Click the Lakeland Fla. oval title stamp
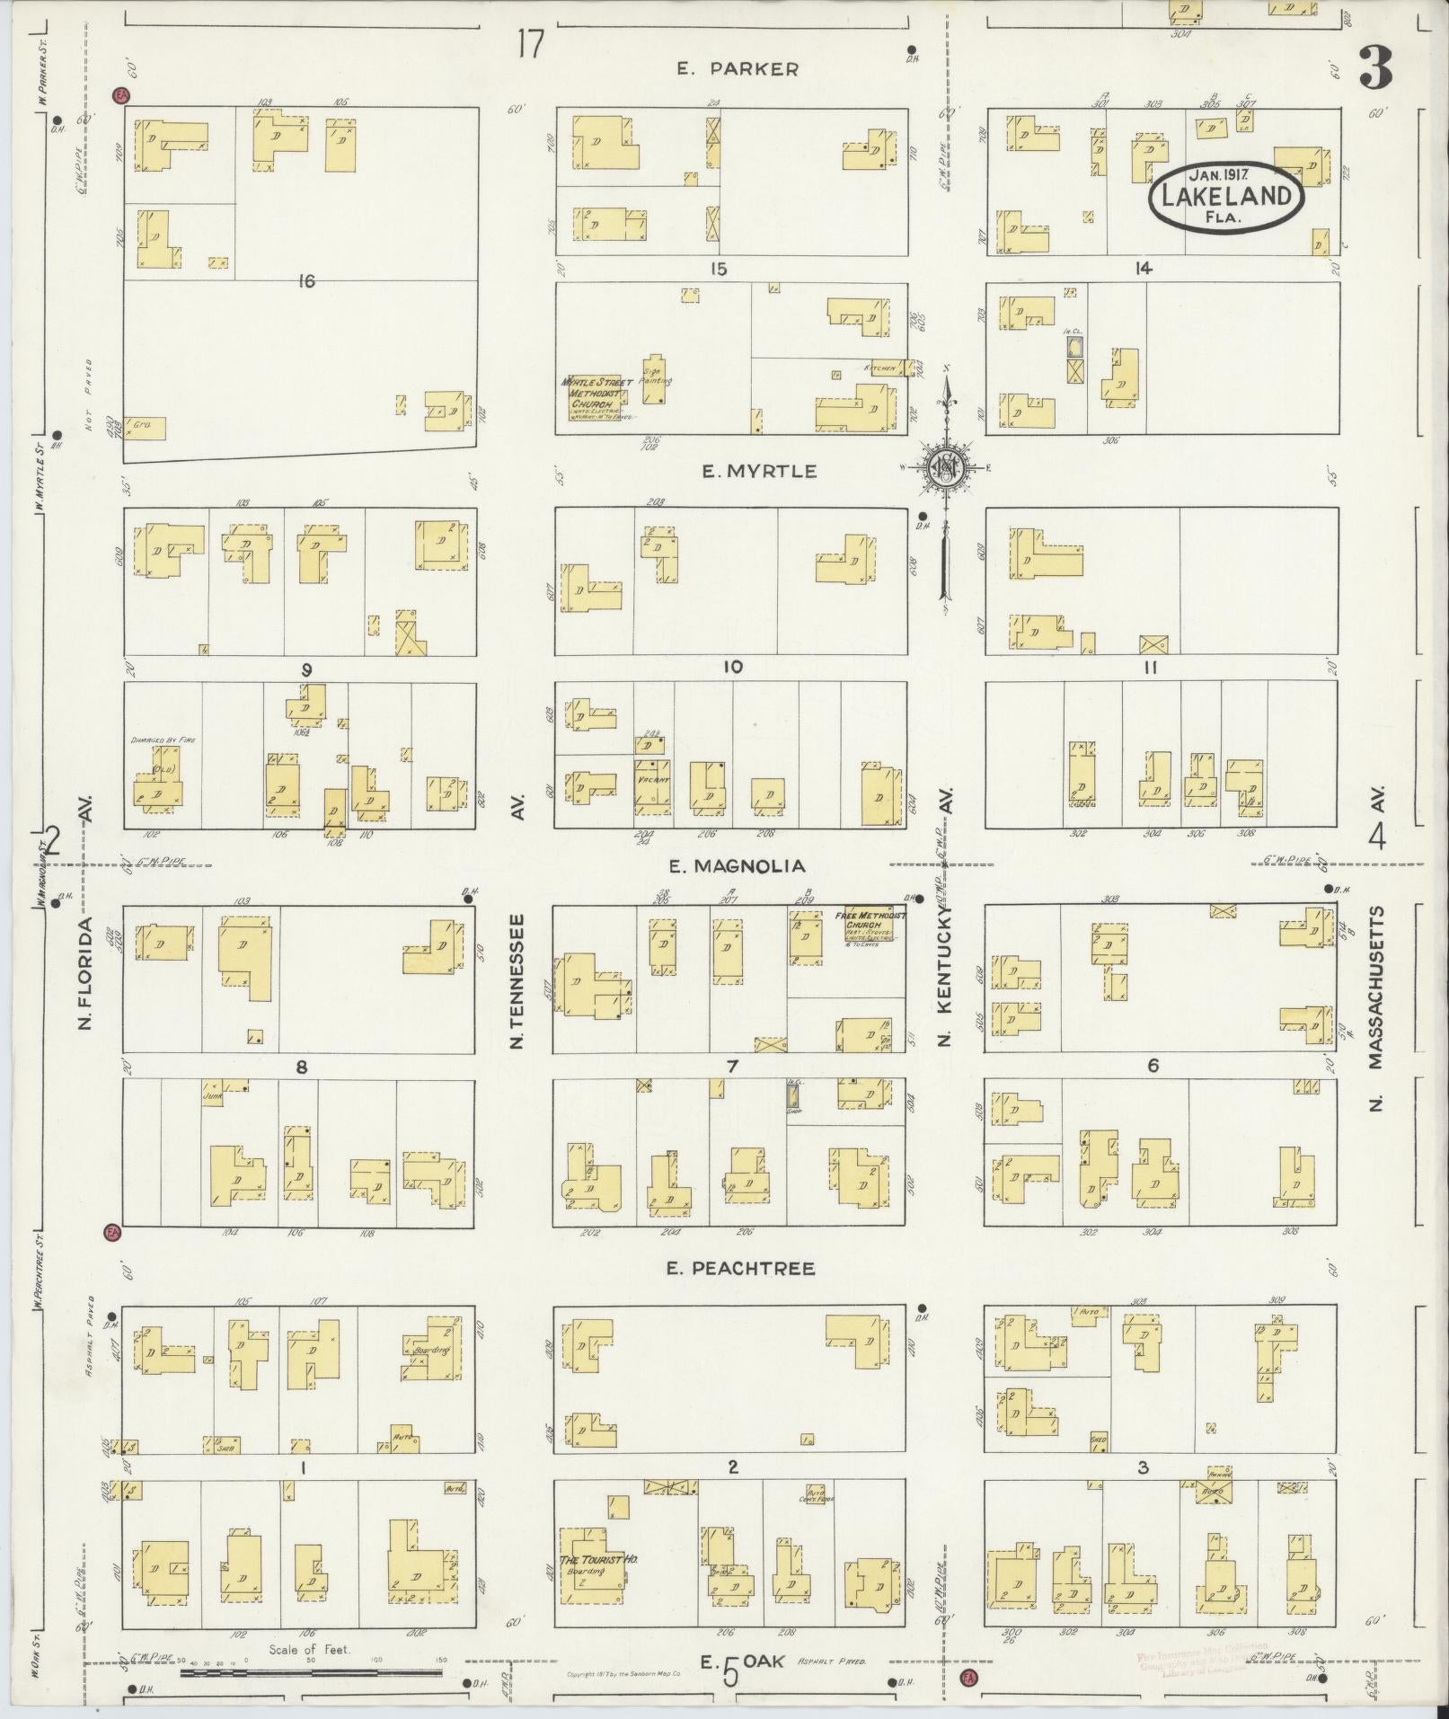[x=1225, y=196]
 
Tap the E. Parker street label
[x=738, y=68]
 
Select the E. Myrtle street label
[x=759, y=471]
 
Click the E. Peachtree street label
[x=740, y=1269]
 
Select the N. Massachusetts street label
[x=1376, y=1009]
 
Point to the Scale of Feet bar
[x=311, y=1673]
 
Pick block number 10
[x=733, y=667]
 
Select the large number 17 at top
[x=530, y=44]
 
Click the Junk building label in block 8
[x=213, y=1096]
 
